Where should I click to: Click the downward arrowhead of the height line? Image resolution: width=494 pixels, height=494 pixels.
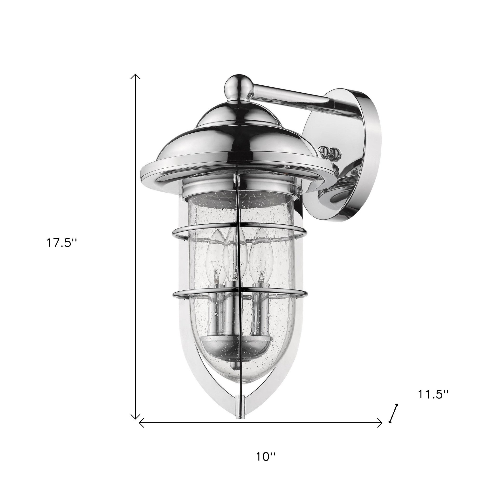(x=136, y=419)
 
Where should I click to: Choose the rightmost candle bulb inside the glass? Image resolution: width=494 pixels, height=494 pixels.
(x=260, y=253)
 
